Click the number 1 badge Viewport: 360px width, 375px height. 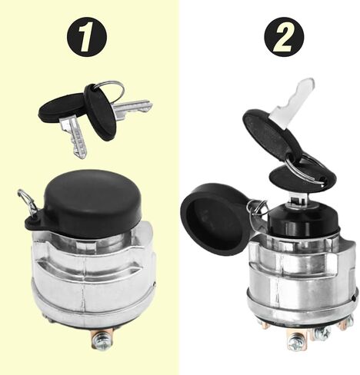(87, 37)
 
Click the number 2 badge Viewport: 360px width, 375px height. (284, 37)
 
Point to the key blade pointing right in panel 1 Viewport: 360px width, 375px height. (132, 107)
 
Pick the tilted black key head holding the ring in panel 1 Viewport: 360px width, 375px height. (100, 112)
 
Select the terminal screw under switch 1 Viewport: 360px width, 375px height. (102, 339)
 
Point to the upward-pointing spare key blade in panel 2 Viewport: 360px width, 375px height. (292, 98)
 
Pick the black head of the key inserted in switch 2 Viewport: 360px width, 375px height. (302, 178)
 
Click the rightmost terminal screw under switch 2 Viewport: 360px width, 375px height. (348, 322)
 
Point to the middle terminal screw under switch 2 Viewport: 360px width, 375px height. (322, 332)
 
